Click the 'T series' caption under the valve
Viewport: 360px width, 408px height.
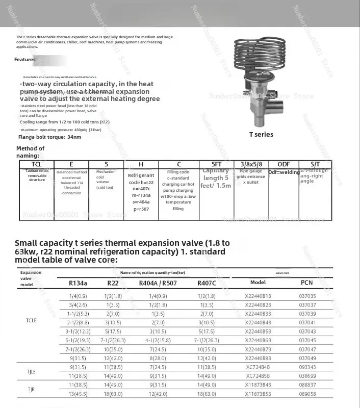pos(261,135)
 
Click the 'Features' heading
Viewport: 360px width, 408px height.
pos(25,60)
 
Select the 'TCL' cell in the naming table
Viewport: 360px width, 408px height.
pos(37,164)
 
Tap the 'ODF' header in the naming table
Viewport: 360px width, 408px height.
pos(284,164)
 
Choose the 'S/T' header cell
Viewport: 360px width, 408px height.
pos(315,164)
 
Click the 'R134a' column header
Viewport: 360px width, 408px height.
pos(78,283)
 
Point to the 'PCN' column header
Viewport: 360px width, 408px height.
pos(307,283)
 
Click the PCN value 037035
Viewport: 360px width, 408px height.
pos(307,296)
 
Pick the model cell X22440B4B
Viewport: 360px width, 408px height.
pos(258,322)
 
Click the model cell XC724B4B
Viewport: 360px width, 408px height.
pos(258,367)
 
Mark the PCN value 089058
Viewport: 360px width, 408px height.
pos(307,394)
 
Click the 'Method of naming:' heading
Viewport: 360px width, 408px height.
pos(30,151)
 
